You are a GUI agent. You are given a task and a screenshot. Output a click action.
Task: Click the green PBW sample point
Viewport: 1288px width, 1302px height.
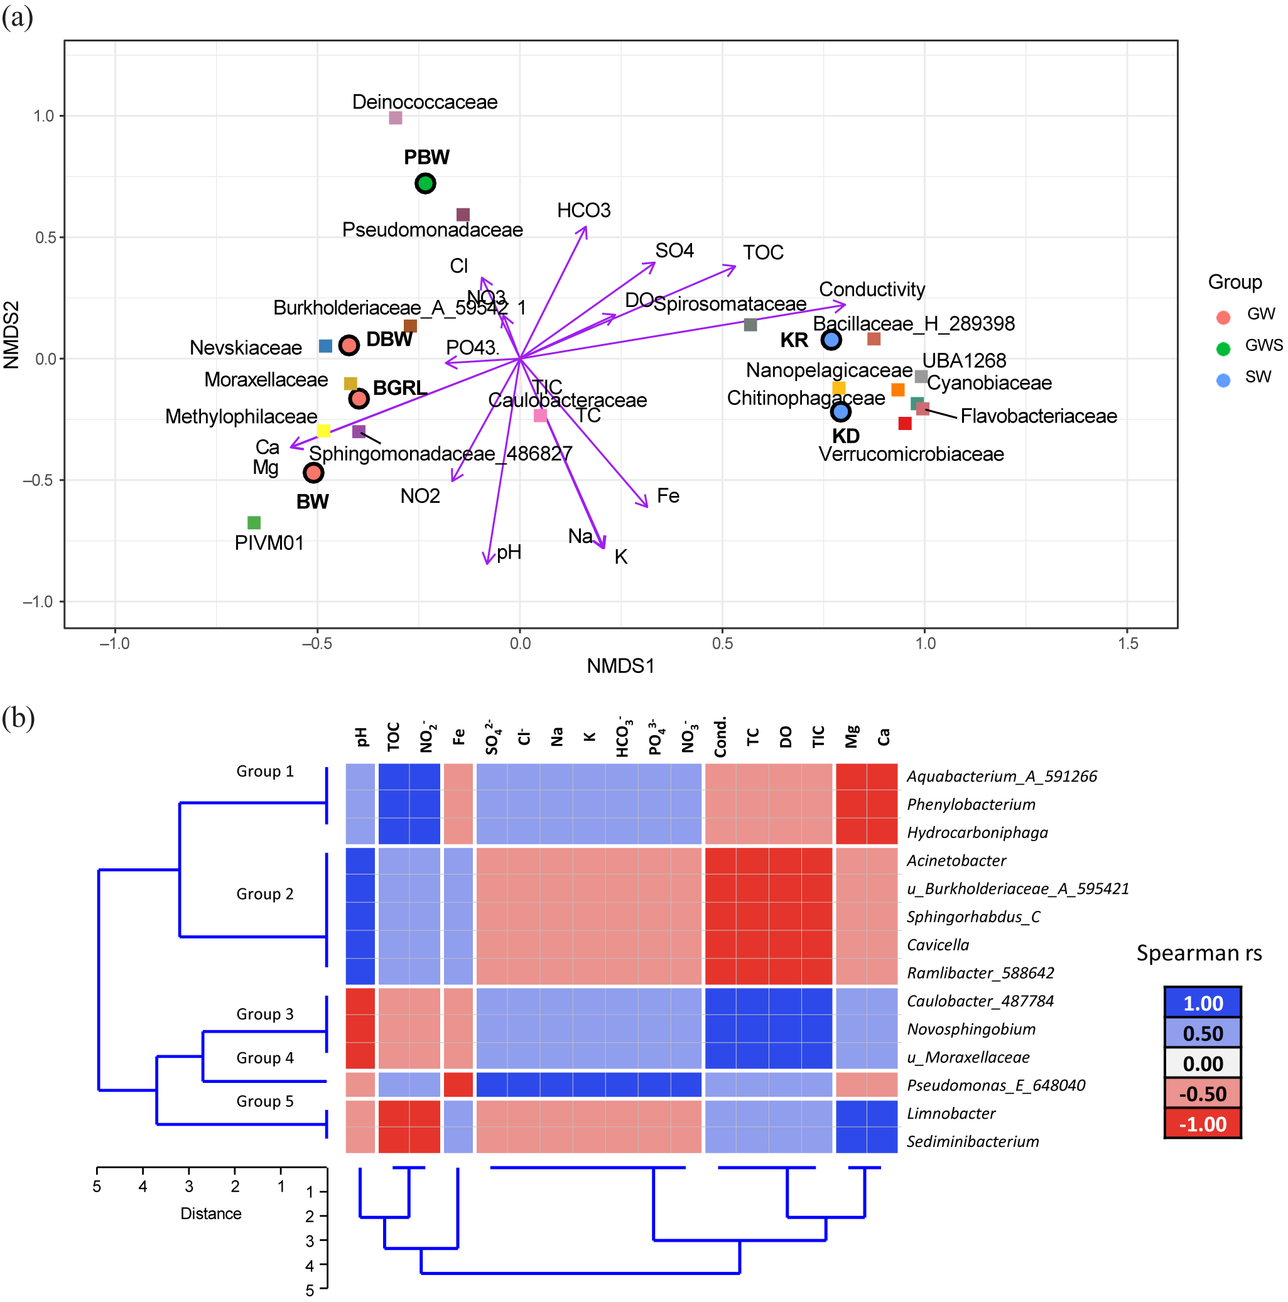pos(425,183)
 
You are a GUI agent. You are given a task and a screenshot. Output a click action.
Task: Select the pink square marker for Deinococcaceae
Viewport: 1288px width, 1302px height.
pos(396,118)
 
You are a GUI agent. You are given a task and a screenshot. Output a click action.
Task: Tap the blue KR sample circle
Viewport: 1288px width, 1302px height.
pos(830,340)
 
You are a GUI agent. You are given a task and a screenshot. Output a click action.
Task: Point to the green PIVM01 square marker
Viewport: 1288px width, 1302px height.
pos(254,522)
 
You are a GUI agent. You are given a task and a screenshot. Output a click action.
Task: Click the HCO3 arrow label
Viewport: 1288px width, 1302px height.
pos(583,211)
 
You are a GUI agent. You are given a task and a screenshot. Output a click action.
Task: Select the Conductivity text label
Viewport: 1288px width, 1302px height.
pos(871,290)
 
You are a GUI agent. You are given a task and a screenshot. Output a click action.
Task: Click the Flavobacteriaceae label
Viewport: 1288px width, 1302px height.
pos(1038,416)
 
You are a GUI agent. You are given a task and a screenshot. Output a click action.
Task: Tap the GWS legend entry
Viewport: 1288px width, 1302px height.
pos(1262,346)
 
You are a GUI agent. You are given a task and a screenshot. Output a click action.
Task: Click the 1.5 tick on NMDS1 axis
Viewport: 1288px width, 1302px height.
pos(1128,643)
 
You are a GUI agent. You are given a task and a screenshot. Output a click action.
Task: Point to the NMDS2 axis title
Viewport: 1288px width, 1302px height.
pos(11,335)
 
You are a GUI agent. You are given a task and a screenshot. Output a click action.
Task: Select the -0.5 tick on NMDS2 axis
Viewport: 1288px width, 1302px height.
pos(38,480)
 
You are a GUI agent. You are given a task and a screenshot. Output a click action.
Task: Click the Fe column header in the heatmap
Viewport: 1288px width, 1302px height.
pos(459,736)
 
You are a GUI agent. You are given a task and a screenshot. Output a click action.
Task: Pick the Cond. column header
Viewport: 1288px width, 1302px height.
pos(720,736)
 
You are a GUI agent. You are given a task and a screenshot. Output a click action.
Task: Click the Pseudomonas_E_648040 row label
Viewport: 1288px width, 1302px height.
pos(995,1085)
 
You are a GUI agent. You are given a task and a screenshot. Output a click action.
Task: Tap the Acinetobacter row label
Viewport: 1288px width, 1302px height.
pos(956,861)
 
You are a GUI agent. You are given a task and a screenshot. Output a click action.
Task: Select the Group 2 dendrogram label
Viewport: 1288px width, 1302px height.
pos(265,895)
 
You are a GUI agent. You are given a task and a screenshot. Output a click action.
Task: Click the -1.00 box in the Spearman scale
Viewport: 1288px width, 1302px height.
pos(1202,1124)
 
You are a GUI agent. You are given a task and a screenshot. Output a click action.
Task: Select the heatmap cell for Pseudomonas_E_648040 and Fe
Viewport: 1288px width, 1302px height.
pos(458,1085)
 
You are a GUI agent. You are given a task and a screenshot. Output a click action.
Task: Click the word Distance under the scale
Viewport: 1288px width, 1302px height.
pos(211,1213)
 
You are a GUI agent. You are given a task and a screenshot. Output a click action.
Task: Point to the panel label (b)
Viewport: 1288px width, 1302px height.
pos(18,718)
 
